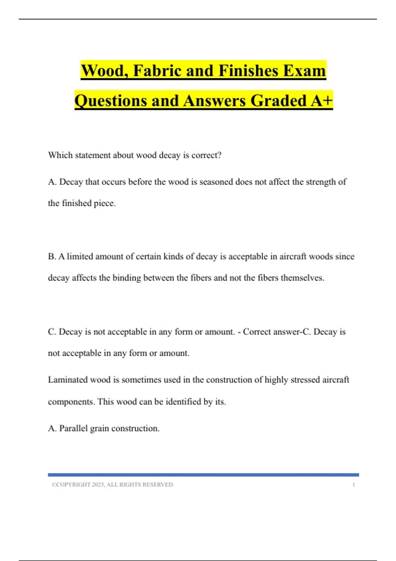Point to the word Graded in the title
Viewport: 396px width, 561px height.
[x=279, y=101]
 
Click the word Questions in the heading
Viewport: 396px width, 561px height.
[x=110, y=101]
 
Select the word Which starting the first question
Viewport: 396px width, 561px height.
[x=60, y=155]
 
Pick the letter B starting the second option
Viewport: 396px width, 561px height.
[x=51, y=256]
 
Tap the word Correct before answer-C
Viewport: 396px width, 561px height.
[x=257, y=332]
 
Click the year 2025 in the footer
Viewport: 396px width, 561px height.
[x=98, y=485]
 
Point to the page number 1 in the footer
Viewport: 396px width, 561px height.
[x=353, y=485]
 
